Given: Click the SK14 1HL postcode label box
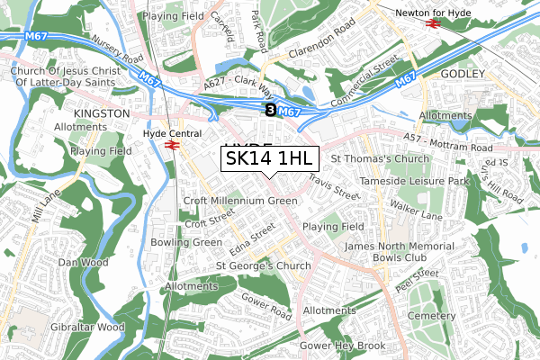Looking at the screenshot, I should [x=270, y=159].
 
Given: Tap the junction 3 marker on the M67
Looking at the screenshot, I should [x=270, y=110].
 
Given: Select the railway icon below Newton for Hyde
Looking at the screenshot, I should [x=432, y=24].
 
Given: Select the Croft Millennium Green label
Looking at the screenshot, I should [x=239, y=201].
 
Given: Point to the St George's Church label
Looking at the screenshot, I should [x=264, y=266].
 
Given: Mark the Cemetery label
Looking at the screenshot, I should [x=431, y=316].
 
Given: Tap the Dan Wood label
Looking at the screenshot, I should [x=83, y=263].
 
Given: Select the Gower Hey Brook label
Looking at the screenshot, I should [x=342, y=346].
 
